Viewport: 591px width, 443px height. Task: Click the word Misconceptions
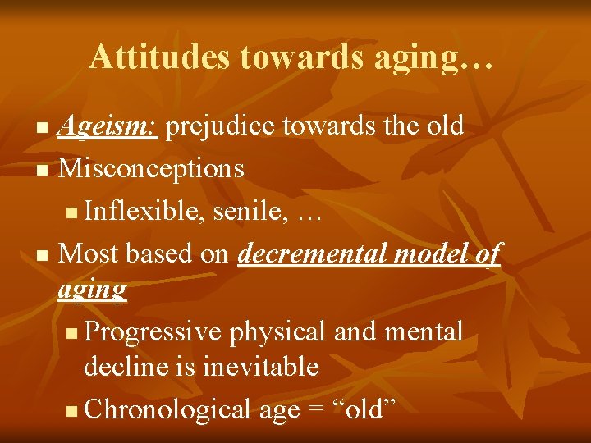tap(153, 168)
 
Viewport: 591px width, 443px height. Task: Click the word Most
tap(89, 253)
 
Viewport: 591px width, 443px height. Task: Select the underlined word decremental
tap(314, 253)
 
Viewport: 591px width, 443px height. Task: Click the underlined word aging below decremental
tap(93, 289)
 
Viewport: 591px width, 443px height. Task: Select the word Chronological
tap(167, 409)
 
